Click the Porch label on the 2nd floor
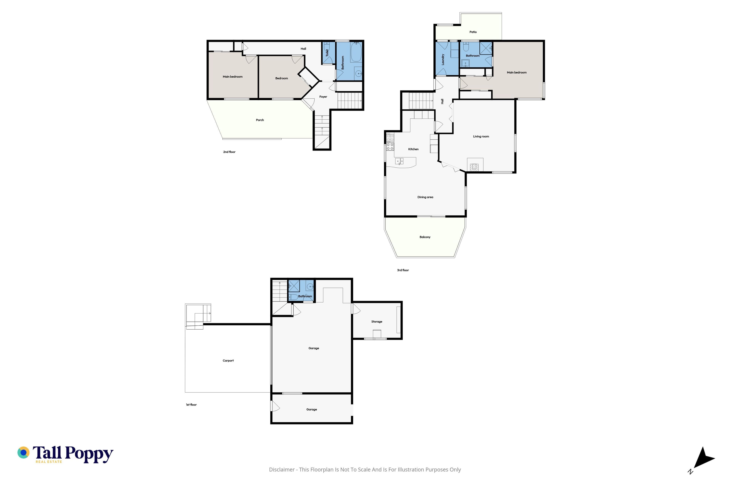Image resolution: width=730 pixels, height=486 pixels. [x=260, y=120]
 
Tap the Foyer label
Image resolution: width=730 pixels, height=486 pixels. [x=323, y=97]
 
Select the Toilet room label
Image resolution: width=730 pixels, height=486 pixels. [x=327, y=53]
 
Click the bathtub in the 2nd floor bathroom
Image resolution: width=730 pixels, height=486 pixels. [x=356, y=52]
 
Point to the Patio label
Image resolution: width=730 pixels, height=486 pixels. [x=473, y=32]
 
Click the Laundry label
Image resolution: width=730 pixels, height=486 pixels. [x=443, y=59]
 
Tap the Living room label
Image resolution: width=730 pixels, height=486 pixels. [x=481, y=136]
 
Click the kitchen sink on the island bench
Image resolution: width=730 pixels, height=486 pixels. [x=399, y=161]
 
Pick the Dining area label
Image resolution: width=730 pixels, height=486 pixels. [x=425, y=197]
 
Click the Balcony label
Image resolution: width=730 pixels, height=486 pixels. [x=425, y=237]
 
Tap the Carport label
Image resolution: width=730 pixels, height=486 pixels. [x=228, y=361]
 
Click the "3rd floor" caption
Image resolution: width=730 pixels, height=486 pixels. [x=403, y=270]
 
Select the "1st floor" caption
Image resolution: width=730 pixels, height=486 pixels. [x=191, y=405]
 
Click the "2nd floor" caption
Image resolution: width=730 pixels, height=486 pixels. [x=229, y=152]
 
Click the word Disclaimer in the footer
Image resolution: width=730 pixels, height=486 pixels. [x=282, y=469]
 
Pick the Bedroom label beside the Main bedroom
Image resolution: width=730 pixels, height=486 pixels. [x=282, y=78]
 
